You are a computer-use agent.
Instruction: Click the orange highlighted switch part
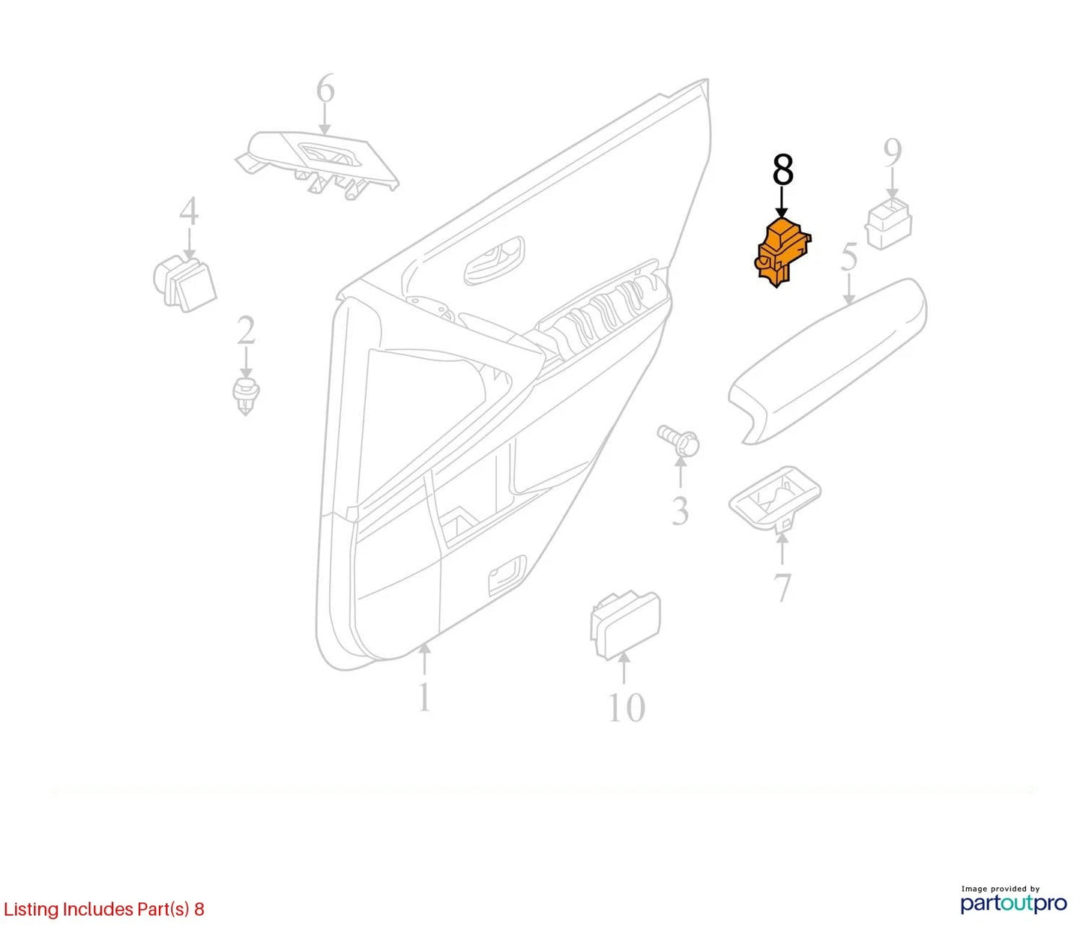pyautogui.click(x=782, y=253)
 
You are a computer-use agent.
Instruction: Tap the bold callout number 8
pyautogui.click(x=782, y=169)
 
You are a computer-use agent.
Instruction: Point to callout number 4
pyautogui.click(x=189, y=211)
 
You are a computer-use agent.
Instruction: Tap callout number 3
pyautogui.click(x=680, y=510)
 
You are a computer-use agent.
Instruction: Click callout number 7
pyautogui.click(x=782, y=588)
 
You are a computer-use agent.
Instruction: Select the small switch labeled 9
pyautogui.click(x=888, y=224)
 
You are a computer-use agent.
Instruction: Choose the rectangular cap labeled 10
pyautogui.click(x=625, y=626)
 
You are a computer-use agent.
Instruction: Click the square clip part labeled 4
pyautogui.click(x=184, y=283)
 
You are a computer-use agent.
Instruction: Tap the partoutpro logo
pyautogui.click(x=1014, y=904)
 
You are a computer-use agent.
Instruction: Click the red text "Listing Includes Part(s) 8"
pyautogui.click(x=103, y=909)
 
